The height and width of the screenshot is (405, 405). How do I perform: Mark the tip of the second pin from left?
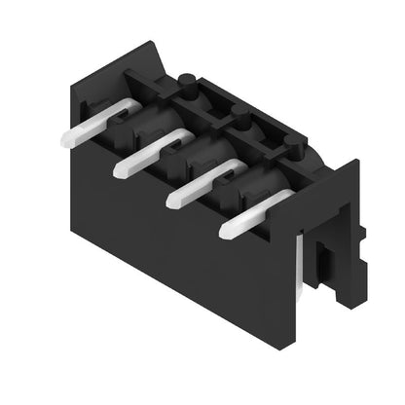tap(121, 169)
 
